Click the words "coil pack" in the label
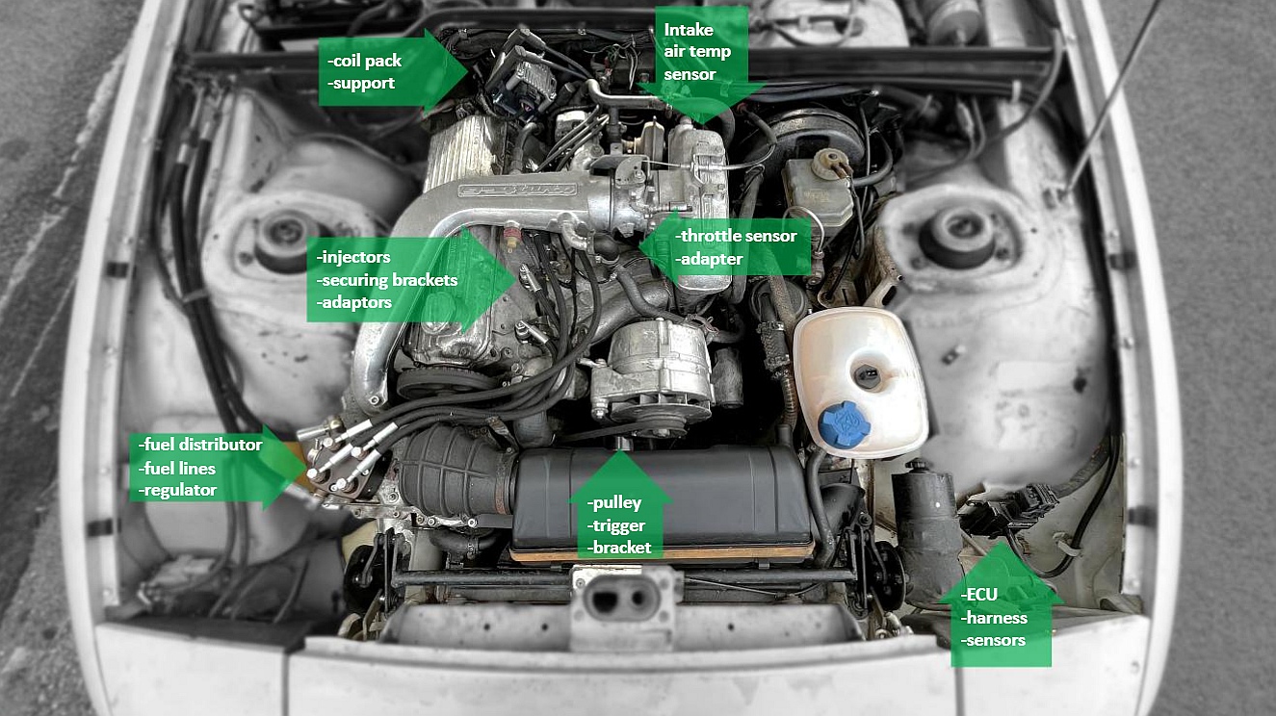(x=367, y=61)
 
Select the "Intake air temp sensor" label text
(x=697, y=52)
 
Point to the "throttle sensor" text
(x=736, y=236)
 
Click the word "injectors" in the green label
(x=353, y=257)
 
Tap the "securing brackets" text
(x=387, y=280)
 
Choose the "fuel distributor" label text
(x=200, y=445)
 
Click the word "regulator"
(x=177, y=490)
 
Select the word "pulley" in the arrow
(x=614, y=503)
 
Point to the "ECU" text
(x=978, y=595)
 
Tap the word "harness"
(x=994, y=618)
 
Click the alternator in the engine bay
(x=652, y=374)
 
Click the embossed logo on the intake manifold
(x=517, y=190)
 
